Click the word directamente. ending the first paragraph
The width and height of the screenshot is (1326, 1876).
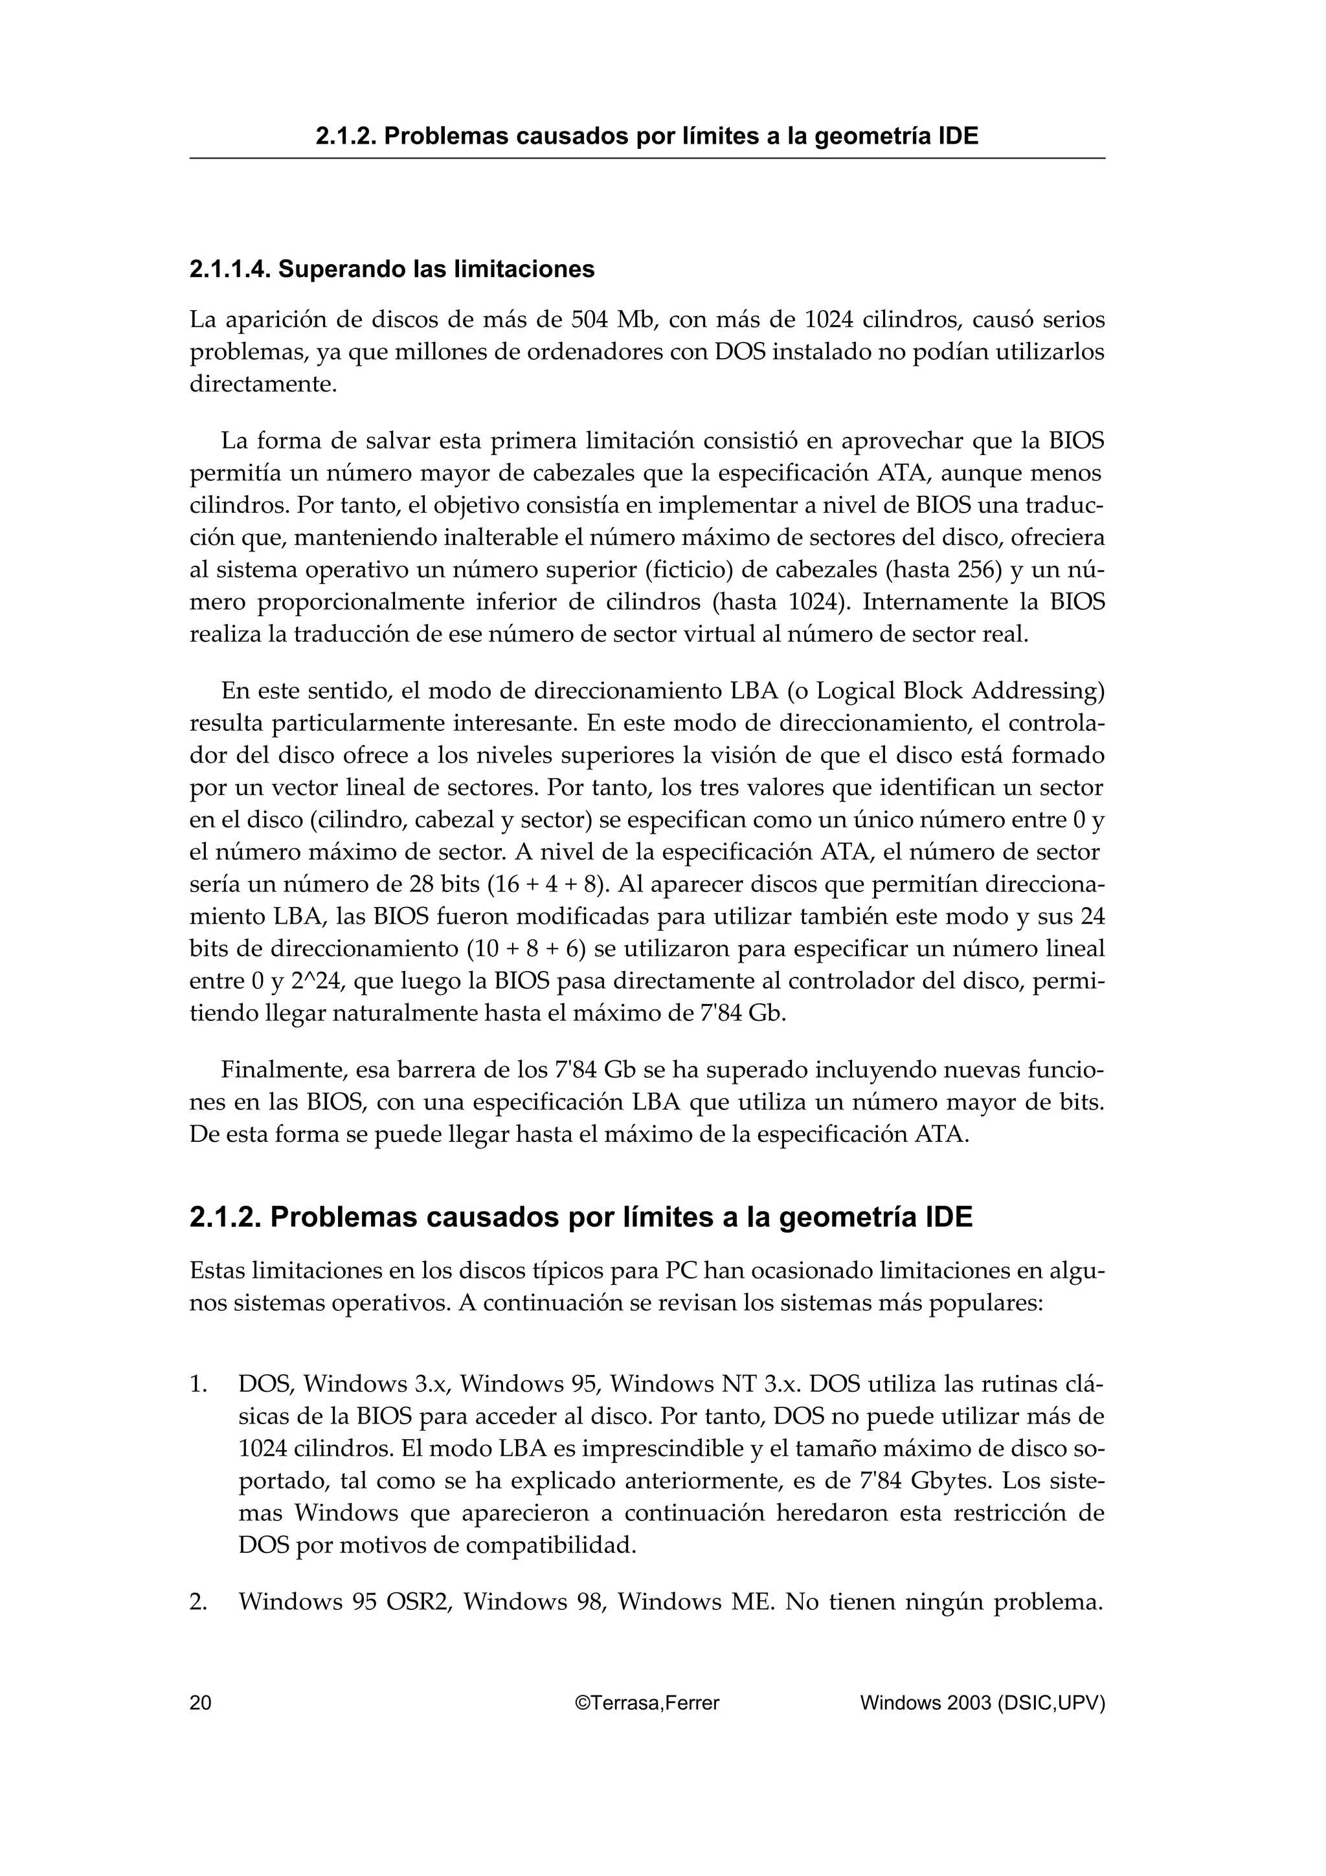click(x=263, y=384)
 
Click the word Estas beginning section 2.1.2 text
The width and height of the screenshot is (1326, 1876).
click(x=216, y=1271)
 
